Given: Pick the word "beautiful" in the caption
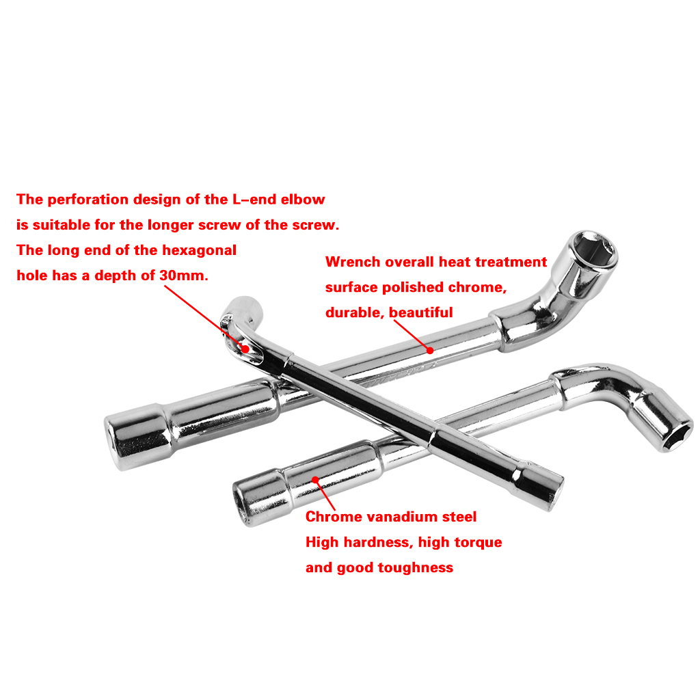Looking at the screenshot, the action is click(x=420, y=312).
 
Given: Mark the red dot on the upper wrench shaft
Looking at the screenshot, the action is click(x=430, y=351).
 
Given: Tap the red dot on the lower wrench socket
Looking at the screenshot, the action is click(x=315, y=480).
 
